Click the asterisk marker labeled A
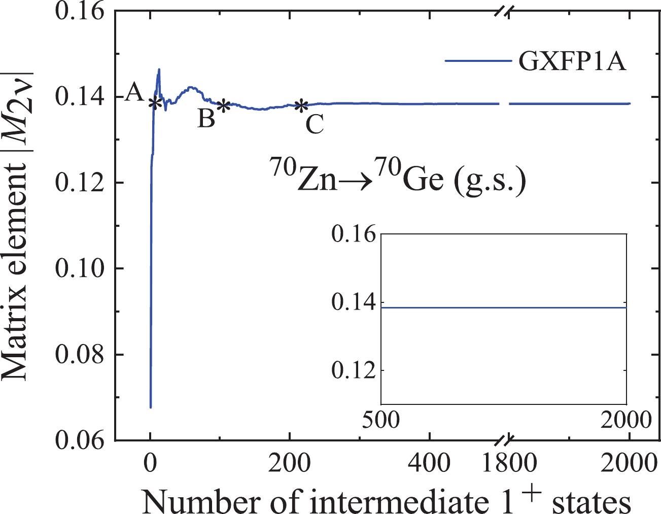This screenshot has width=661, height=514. point(155,103)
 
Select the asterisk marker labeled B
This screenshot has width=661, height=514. point(223,106)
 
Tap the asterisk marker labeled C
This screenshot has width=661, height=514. point(301,106)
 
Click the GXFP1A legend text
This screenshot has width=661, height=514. point(572,62)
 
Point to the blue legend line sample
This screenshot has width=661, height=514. point(478,61)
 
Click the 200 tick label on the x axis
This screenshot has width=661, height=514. point(289,463)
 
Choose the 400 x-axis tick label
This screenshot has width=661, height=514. point(429,463)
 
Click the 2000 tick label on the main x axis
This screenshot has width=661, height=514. point(629,463)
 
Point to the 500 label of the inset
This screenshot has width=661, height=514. point(380,420)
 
